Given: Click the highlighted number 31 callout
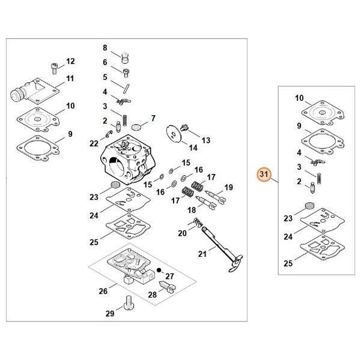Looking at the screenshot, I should [263, 174].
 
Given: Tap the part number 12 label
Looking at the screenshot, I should [70, 61].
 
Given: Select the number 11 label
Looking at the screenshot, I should [70, 79].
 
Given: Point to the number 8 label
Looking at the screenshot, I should [105, 47].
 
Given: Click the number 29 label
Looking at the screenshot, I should [109, 313].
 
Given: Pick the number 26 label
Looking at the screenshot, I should [103, 291].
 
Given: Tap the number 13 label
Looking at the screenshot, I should [205, 140].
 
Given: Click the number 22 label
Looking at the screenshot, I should [94, 143].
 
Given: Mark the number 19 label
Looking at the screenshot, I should [228, 188].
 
